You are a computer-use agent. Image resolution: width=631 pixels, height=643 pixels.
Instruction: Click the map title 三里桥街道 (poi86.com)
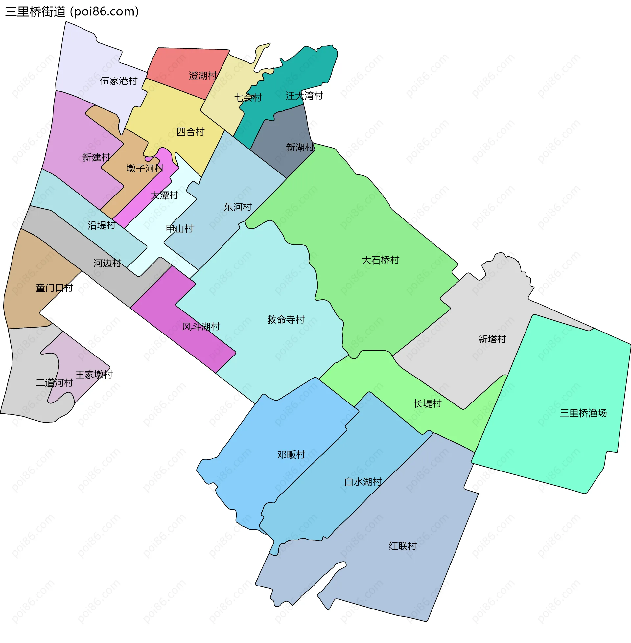click(x=72, y=11)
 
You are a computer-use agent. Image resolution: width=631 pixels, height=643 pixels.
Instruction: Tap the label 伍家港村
click(x=119, y=81)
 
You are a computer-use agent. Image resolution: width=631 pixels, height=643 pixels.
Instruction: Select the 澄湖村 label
click(x=202, y=76)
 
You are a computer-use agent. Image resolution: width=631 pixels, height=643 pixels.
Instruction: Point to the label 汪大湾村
click(x=304, y=96)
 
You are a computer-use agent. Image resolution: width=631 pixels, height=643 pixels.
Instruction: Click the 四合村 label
click(x=190, y=132)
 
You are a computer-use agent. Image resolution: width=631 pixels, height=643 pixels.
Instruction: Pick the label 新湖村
click(x=300, y=148)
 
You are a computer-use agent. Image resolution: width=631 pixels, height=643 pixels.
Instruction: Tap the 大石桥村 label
click(x=380, y=260)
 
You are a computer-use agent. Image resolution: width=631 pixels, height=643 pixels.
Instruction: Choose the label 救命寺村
click(x=286, y=320)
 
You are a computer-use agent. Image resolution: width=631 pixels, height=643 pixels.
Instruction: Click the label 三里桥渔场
click(x=583, y=413)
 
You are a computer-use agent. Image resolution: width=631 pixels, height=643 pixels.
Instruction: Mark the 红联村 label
click(x=402, y=546)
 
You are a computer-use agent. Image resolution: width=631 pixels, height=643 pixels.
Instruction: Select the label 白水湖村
click(x=363, y=482)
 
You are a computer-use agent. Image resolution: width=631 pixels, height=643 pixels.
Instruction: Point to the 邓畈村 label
click(x=291, y=454)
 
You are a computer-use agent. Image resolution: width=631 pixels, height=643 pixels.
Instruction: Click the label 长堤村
click(x=427, y=403)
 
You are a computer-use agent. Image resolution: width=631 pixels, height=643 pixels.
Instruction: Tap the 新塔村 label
click(x=492, y=339)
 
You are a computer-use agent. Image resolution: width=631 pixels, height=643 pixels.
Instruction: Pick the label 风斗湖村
click(x=201, y=327)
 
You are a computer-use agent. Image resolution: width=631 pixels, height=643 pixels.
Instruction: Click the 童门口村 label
click(x=54, y=288)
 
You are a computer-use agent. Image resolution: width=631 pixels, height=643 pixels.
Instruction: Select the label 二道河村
click(x=54, y=383)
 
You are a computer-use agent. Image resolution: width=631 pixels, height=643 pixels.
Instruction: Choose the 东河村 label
click(x=238, y=207)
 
